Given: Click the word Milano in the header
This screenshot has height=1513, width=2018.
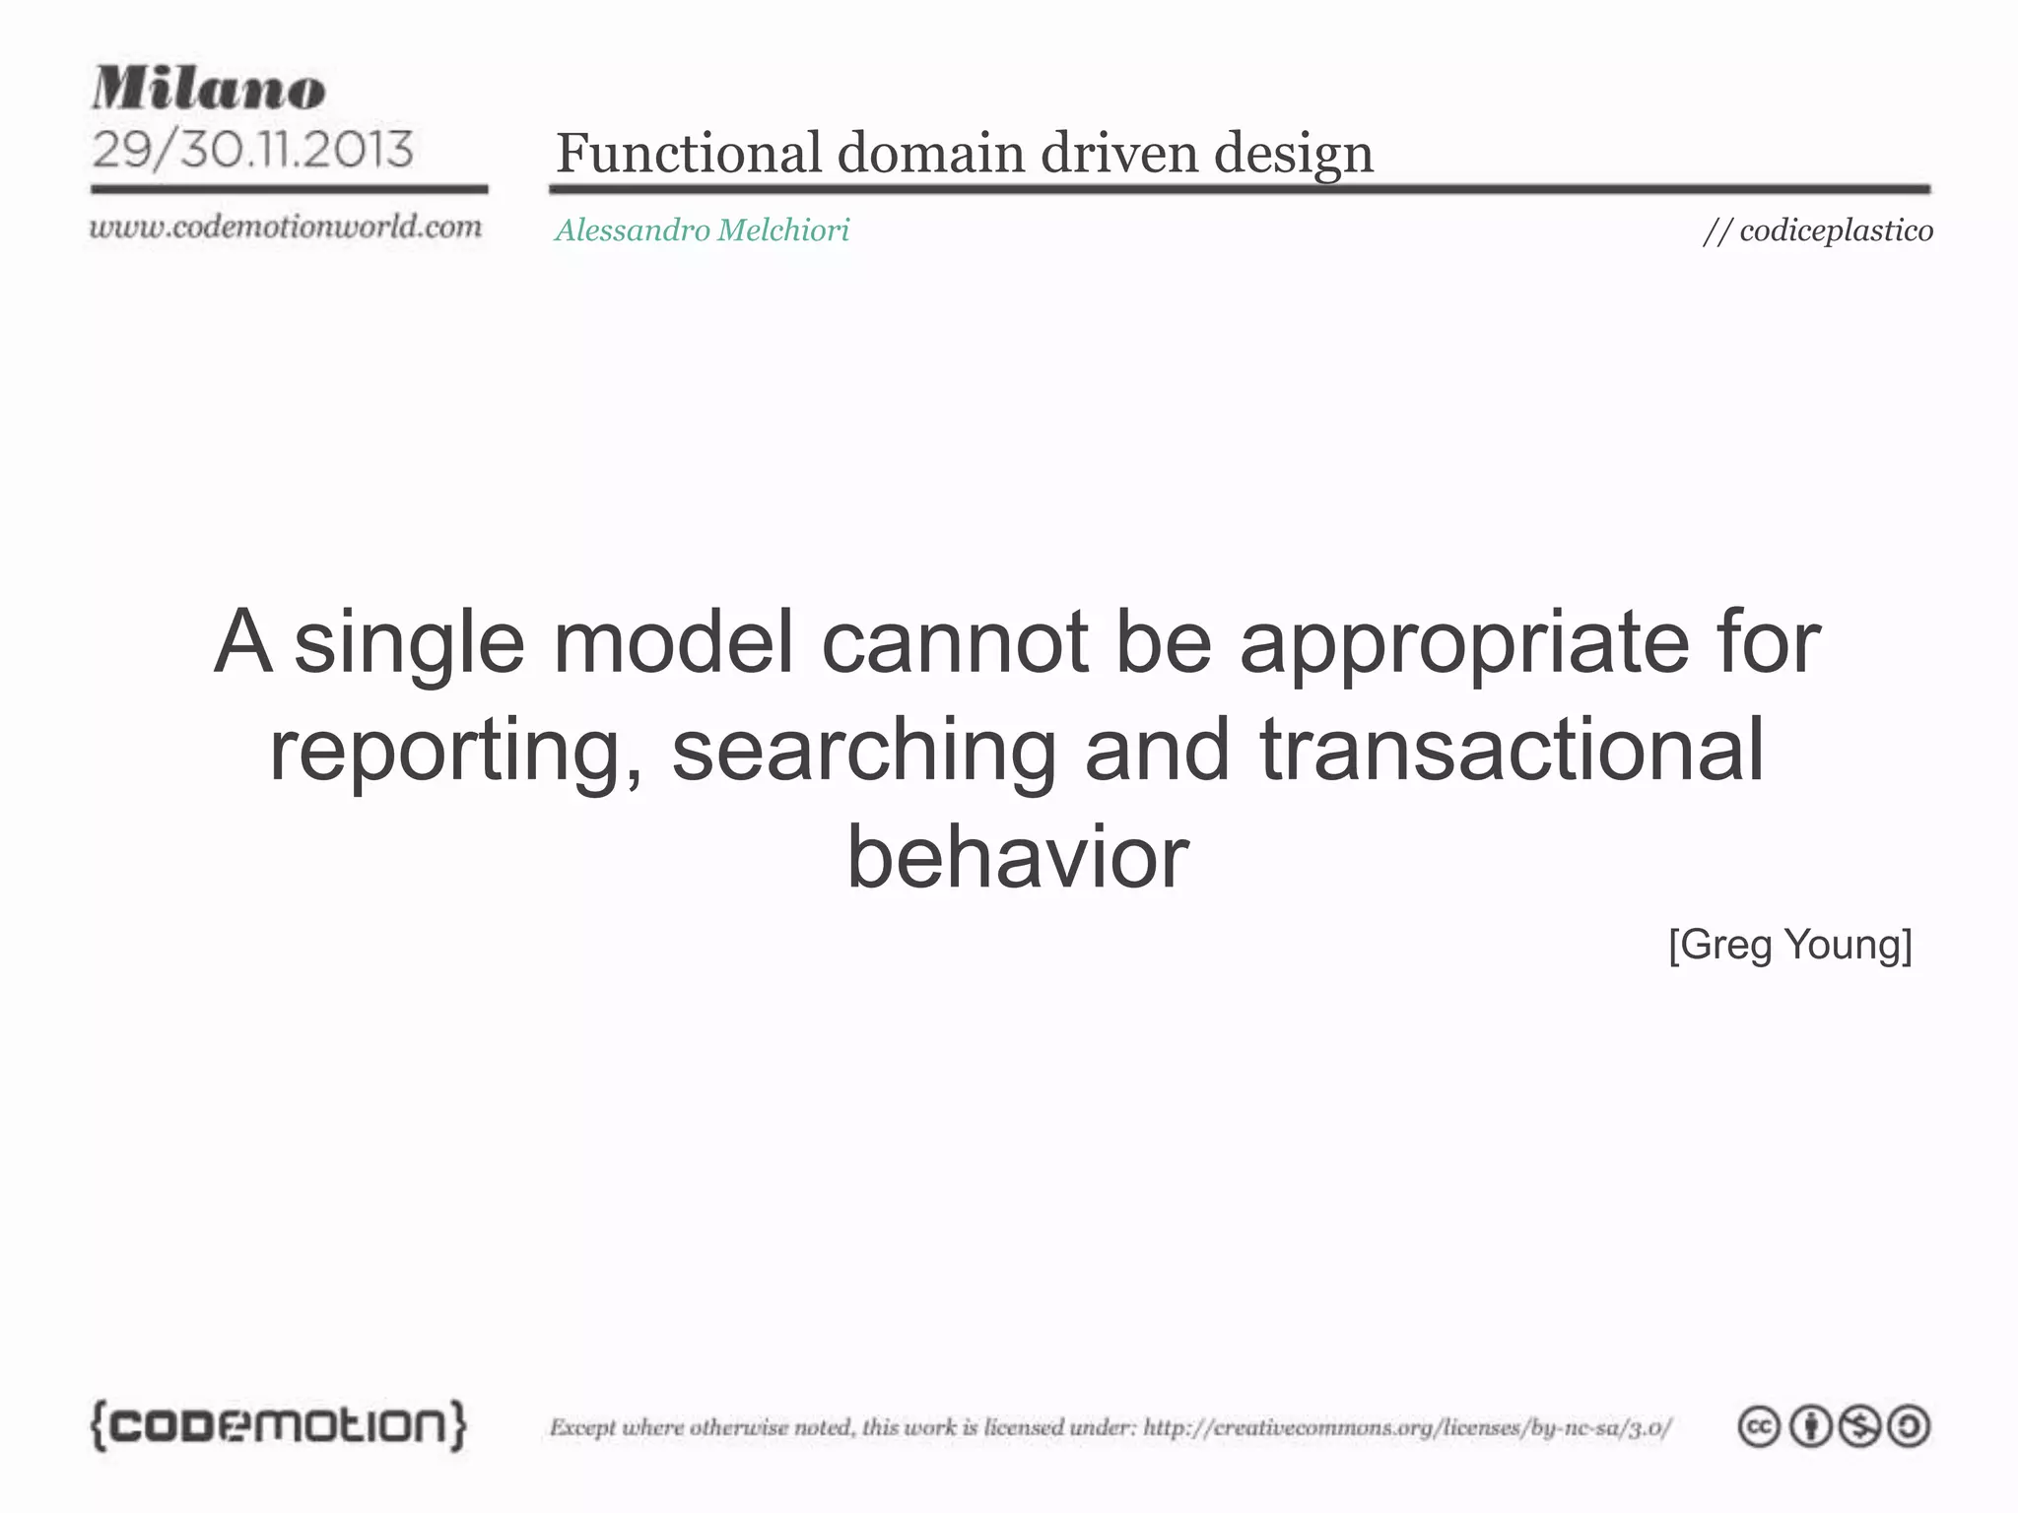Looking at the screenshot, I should tap(209, 89).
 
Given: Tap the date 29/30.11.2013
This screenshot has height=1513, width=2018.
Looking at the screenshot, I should tap(252, 150).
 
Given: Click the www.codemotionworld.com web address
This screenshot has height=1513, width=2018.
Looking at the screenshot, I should tap(286, 227).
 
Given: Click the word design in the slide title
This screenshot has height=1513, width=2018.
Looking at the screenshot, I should tap(1293, 154).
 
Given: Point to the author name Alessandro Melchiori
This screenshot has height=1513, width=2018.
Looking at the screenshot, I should tap(702, 230).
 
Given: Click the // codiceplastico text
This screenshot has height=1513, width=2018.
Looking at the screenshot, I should tap(1817, 230).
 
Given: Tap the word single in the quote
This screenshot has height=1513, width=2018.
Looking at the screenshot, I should tap(409, 642).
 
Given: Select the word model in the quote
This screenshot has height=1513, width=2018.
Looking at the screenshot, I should tap(673, 642).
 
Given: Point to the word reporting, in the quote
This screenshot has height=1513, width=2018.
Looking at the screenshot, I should tap(456, 751).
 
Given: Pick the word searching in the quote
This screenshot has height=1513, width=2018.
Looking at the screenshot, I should tap(864, 751).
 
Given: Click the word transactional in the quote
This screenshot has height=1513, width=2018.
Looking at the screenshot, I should tap(1511, 751).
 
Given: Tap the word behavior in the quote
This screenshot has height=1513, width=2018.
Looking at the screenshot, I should tap(1017, 857).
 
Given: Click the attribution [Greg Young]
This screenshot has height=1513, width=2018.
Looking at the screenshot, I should tap(1789, 945).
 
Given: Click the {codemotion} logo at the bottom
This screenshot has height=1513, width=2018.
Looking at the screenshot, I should tap(279, 1424).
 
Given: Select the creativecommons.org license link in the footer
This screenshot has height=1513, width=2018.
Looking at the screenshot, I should tap(1407, 1427).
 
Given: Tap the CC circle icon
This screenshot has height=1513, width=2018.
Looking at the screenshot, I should tap(1759, 1426).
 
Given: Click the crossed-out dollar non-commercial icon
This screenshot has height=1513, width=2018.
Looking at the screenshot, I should tap(1859, 1426).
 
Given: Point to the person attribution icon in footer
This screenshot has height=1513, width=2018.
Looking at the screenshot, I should tap(1809, 1426).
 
